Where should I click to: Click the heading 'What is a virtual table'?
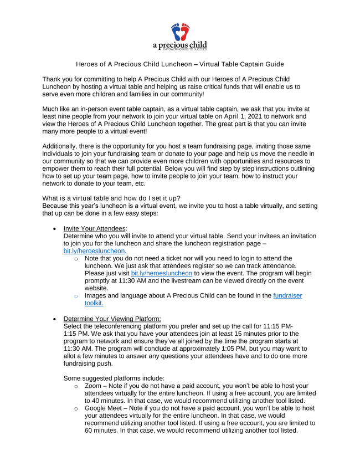[x=80, y=198]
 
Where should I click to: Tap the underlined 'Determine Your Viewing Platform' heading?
[x=112, y=319]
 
